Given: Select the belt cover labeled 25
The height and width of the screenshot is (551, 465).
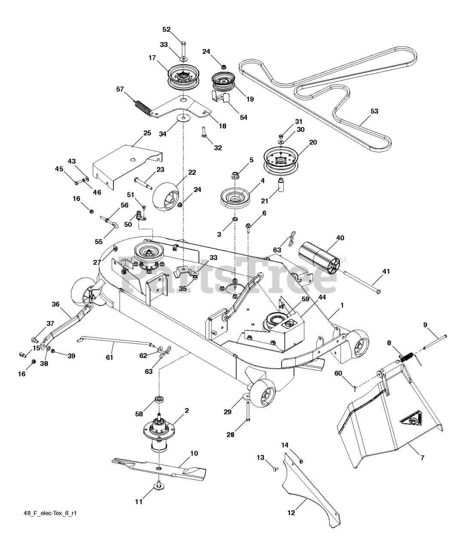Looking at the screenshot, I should pyautogui.click(x=127, y=164).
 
